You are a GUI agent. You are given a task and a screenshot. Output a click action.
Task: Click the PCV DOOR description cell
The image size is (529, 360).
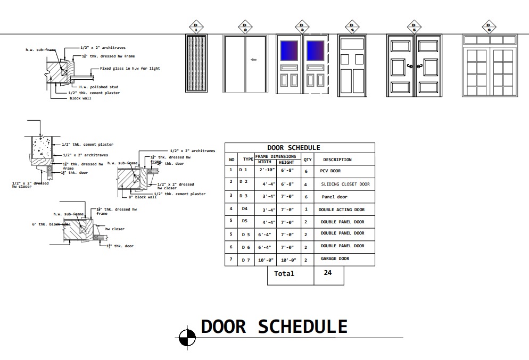[330, 171]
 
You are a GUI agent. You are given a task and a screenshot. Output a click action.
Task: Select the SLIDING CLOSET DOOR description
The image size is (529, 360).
[345, 185]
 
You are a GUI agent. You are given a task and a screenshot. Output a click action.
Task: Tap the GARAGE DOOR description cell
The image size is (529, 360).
[335, 259]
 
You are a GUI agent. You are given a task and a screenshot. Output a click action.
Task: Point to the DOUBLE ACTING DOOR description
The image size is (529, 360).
[342, 210]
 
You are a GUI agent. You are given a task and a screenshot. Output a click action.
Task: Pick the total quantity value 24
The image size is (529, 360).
[327, 273]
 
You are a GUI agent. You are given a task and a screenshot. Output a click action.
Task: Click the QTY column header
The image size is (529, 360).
[308, 160]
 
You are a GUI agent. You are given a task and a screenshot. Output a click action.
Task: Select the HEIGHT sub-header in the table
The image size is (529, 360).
[286, 163]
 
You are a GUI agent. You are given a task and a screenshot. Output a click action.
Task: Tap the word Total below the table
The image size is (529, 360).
[284, 274]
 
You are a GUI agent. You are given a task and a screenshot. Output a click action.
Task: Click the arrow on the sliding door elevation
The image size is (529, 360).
[253, 60]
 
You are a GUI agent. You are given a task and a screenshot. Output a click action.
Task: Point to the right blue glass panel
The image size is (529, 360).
[315, 51]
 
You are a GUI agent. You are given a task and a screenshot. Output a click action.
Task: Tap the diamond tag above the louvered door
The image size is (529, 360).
[196, 26]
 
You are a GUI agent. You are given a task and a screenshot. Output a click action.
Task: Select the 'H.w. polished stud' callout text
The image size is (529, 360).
[98, 87]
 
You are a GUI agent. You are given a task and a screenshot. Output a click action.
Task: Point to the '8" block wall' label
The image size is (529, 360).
[142, 197]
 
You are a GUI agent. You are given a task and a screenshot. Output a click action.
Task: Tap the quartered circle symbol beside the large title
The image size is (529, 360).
[186, 337]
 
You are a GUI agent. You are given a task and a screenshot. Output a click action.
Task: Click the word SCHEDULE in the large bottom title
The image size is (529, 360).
[302, 326]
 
